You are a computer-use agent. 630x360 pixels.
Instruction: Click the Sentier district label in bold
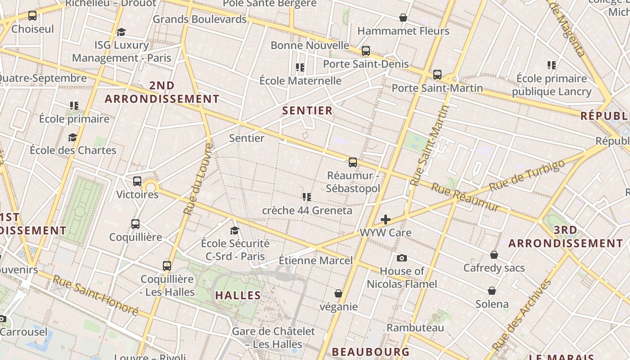[x=307, y=111]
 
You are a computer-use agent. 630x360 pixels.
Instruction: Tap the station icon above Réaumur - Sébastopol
[x=353, y=162]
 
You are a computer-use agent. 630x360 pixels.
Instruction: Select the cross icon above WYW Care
[x=386, y=220]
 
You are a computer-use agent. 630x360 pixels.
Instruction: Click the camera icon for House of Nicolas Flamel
[x=402, y=258]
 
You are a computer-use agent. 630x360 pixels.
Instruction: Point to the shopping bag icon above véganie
[x=338, y=293]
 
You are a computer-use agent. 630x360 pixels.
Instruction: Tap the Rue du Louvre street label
[x=198, y=179]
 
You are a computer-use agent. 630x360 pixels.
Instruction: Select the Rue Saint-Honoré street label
[x=95, y=295]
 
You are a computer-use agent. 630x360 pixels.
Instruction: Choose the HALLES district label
[x=238, y=296]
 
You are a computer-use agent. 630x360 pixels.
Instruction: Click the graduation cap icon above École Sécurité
[x=234, y=230]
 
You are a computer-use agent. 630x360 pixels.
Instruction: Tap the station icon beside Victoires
[x=137, y=181]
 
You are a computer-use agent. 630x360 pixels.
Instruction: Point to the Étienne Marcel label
[x=316, y=261]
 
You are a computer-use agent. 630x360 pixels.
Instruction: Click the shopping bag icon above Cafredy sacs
[x=494, y=255]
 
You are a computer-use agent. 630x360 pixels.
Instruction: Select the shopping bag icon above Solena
[x=492, y=291]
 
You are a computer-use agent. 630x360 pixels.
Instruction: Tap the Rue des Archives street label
[x=522, y=315]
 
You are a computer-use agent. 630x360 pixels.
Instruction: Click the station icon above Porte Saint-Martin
[x=437, y=75]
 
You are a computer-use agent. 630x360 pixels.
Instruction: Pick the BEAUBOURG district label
[x=371, y=351]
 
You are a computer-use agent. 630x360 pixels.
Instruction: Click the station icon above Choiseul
[x=32, y=16]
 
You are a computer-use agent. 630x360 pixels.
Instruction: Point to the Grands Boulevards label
[x=200, y=19]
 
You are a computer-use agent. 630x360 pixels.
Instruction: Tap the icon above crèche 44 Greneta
[x=307, y=197]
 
